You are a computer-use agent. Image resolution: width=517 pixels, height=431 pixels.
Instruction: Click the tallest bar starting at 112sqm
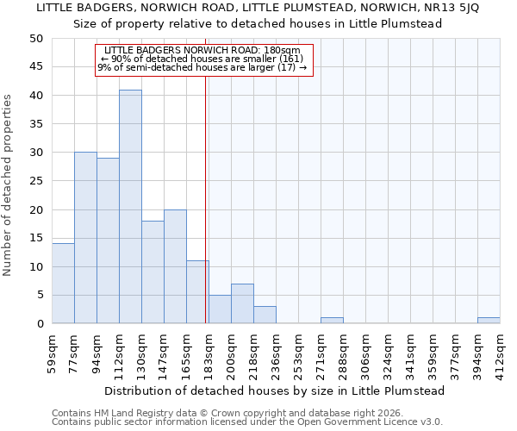coord(130,207)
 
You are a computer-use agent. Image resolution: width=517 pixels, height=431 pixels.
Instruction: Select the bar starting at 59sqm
coord(63,284)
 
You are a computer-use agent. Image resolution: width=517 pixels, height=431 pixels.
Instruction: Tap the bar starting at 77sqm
coord(85,238)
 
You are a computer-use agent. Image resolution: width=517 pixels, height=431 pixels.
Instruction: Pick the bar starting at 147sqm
coord(175,266)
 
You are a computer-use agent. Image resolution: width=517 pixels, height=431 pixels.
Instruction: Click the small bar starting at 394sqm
coord(489,321)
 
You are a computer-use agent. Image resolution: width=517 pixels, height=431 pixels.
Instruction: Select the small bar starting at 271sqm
coord(332,321)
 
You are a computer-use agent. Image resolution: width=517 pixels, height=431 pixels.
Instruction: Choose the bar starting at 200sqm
coord(242,303)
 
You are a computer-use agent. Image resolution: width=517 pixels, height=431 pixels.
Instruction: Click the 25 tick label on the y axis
coord(36,181)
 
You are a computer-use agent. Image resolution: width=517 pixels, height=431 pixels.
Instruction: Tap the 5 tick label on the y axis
coord(40,296)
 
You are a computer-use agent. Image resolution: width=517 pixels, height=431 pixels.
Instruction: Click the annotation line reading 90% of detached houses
coord(203,59)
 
